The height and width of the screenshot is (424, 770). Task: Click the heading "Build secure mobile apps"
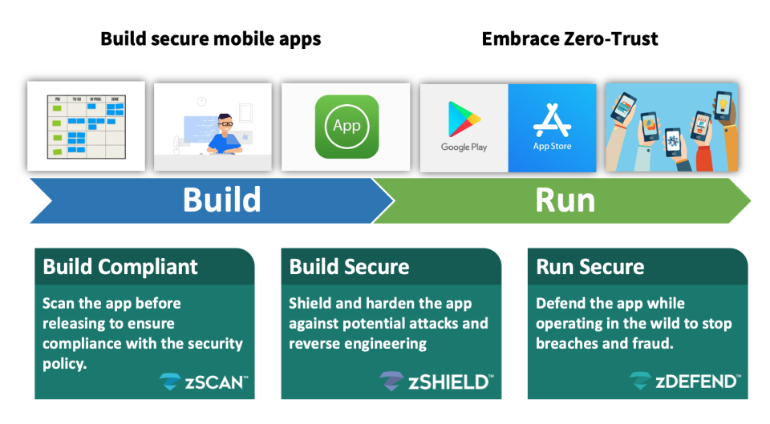(x=210, y=38)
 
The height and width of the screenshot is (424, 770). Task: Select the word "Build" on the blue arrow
(x=221, y=200)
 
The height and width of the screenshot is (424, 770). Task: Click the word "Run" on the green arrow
(x=565, y=200)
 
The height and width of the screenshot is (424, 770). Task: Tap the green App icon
(x=346, y=127)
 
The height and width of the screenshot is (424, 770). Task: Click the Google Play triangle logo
(x=464, y=119)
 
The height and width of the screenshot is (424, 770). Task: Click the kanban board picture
(x=86, y=126)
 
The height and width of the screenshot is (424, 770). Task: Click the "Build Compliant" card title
(x=120, y=267)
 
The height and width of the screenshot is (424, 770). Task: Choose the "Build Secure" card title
(x=349, y=267)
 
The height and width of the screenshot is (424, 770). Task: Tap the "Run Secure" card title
(x=590, y=267)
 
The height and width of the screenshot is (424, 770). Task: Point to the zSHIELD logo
(x=436, y=382)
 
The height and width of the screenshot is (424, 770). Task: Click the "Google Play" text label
(x=464, y=147)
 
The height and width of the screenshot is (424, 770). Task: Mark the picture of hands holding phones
(x=671, y=127)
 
